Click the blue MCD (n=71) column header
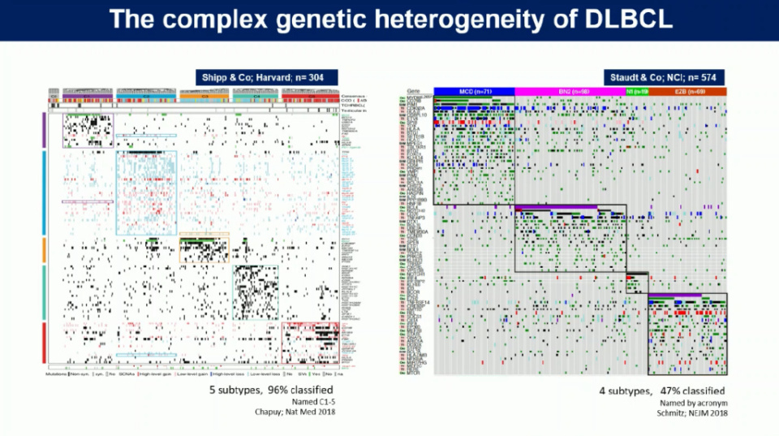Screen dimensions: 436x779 pyautogui.click(x=474, y=90)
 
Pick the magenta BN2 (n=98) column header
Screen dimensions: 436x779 pyautogui.click(x=570, y=90)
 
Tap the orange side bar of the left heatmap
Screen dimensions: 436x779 pyautogui.click(x=43, y=249)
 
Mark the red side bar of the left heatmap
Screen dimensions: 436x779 pyautogui.click(x=43, y=342)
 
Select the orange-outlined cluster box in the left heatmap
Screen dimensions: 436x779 pyautogui.click(x=204, y=248)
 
